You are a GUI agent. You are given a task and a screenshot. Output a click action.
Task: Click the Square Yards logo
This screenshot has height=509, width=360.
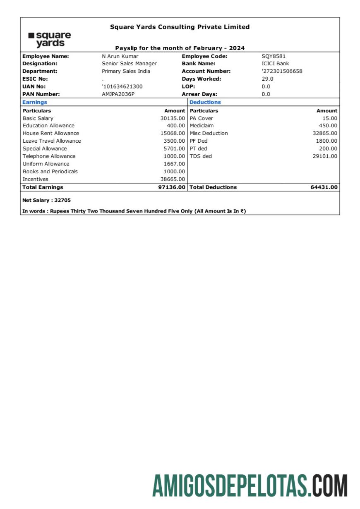(50, 39)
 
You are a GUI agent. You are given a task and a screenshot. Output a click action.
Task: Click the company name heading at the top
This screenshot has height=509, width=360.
(180, 27)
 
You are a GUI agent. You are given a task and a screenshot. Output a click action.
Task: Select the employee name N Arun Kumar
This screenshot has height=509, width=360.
(120, 56)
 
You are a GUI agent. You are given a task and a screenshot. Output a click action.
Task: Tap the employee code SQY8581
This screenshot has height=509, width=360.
(274, 56)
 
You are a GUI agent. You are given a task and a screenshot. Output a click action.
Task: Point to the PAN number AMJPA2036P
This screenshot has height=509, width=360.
(118, 94)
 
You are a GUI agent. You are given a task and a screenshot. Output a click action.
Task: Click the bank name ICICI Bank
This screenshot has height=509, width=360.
(275, 64)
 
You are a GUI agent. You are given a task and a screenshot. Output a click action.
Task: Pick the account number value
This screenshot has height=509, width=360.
(282, 71)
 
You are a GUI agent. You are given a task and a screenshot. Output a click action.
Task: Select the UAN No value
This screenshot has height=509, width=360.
(122, 86)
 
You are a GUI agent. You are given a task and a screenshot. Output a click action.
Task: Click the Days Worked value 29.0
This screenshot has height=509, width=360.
(267, 79)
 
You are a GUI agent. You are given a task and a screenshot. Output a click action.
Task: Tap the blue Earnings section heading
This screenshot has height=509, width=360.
(35, 102)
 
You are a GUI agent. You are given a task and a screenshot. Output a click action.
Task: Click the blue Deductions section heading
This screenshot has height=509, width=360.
(205, 102)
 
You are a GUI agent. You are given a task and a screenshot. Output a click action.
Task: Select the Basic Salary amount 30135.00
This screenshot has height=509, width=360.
(173, 118)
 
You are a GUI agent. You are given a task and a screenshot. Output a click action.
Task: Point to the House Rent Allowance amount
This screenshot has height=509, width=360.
(173, 133)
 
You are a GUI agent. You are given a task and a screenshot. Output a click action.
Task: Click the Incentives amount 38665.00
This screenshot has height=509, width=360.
(173, 179)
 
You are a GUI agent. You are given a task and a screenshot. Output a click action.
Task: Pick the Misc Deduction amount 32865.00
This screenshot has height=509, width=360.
(325, 133)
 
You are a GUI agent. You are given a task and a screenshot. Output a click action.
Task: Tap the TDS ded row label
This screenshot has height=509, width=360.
(201, 156)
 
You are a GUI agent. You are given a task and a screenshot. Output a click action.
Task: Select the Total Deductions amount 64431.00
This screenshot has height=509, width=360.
(324, 187)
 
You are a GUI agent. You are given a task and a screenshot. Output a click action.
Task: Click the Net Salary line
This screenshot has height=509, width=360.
(47, 200)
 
